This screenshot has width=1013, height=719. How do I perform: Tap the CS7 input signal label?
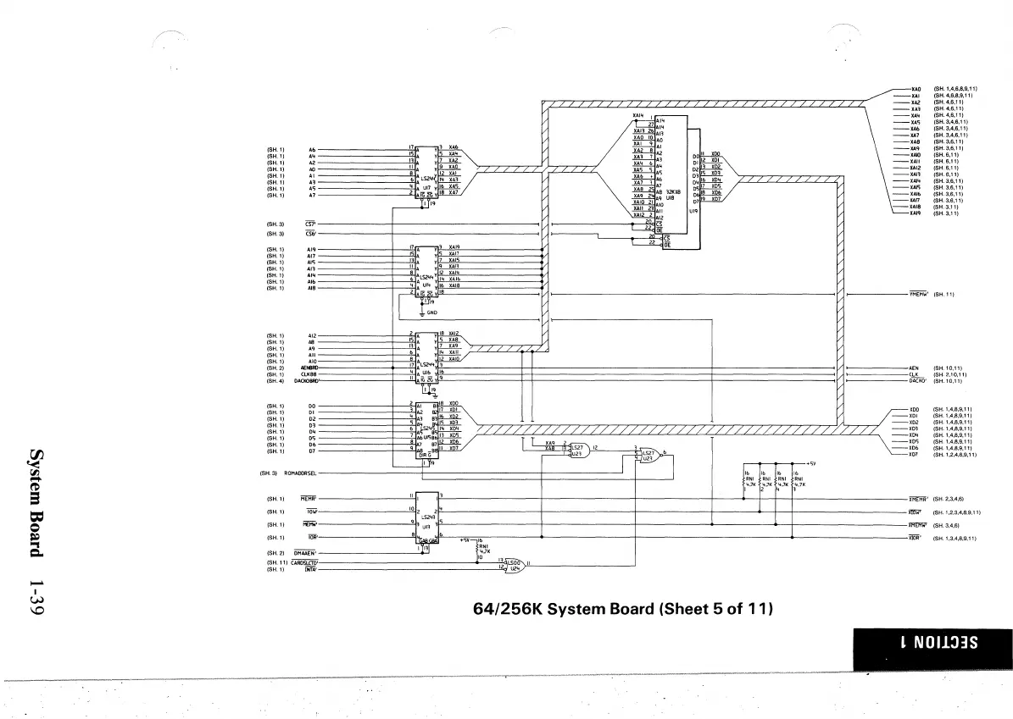310,224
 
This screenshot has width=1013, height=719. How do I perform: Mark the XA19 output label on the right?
916,213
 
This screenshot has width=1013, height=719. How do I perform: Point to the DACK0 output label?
916,381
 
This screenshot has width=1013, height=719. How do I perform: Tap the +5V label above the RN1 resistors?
811,462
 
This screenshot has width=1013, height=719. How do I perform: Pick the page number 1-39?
36,596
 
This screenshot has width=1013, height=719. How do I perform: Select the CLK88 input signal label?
309,374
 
